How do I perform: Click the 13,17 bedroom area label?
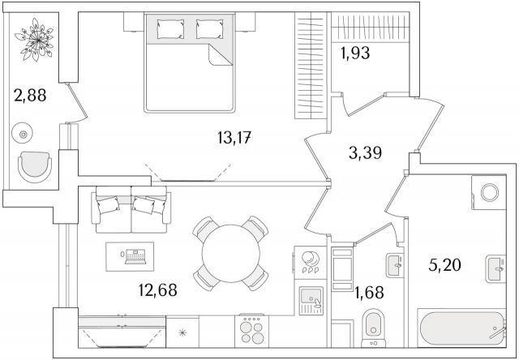pyautogui.click(x=234, y=138)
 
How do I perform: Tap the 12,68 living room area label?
pyautogui.click(x=158, y=289)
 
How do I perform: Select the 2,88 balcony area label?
pyautogui.click(x=30, y=96)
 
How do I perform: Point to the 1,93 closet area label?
pyautogui.click(x=355, y=53)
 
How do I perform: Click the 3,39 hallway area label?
pyautogui.click(x=365, y=153)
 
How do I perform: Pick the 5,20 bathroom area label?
pyautogui.click(x=444, y=265)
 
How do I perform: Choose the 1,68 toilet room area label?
pyautogui.click(x=369, y=292)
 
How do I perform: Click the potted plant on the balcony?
pyautogui.click(x=34, y=40)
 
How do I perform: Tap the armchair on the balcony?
pyautogui.click(x=35, y=166)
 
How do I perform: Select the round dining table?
pyautogui.click(x=230, y=254)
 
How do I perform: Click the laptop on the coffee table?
pyautogui.click(x=135, y=257)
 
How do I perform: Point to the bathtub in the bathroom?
pyautogui.click(x=462, y=328)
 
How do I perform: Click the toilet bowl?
pyautogui.click(x=373, y=328)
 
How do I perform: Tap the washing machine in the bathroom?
pyautogui.click(x=489, y=193)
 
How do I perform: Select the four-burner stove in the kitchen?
pyautogui.click(x=252, y=331)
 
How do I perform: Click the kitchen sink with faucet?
pyautogui.click(x=311, y=301)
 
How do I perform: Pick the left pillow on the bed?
pyautogui.click(x=170, y=29)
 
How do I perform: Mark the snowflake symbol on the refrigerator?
pyautogui.click(x=182, y=332)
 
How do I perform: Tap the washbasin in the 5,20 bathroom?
pyautogui.click(x=495, y=268)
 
